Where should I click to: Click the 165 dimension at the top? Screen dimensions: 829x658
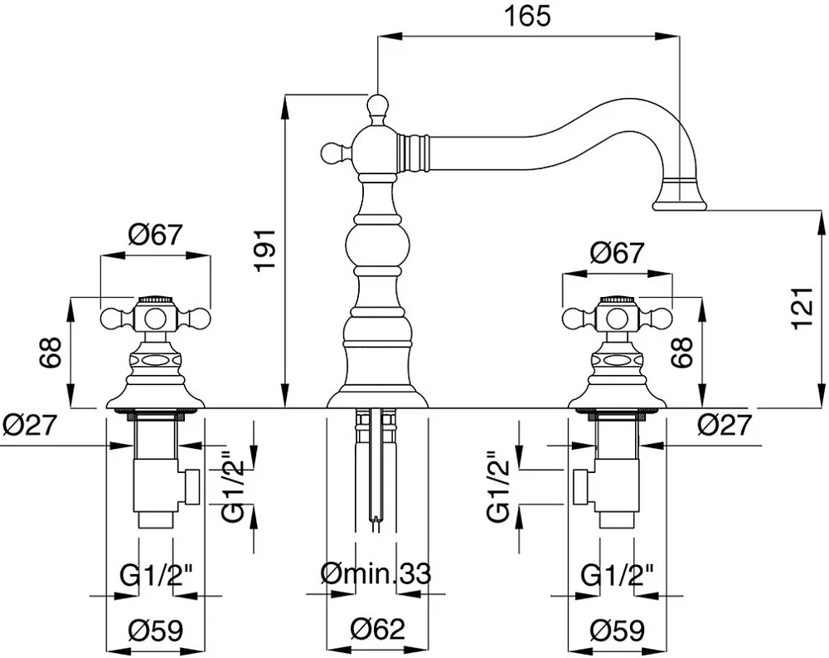(527, 16)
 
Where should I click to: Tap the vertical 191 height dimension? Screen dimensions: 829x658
(265, 251)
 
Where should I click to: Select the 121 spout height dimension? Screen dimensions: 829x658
(802, 308)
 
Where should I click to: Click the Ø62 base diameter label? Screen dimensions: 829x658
(377, 629)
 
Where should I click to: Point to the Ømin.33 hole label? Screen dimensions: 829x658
(376, 573)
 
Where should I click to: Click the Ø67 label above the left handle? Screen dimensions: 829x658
(155, 235)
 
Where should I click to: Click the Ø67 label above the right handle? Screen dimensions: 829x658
(617, 254)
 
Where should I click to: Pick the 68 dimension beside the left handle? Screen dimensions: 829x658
(51, 352)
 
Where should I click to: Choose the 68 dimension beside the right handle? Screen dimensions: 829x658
(681, 352)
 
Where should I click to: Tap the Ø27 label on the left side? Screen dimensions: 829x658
(29, 424)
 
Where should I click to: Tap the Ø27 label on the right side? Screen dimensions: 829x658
(725, 424)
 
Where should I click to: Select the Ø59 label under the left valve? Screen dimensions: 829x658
(156, 630)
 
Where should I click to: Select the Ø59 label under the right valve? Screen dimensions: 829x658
(618, 630)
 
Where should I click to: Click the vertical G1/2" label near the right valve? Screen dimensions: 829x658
(498, 486)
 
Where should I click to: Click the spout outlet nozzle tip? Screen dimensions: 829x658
(680, 204)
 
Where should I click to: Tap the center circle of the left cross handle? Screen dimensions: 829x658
(154, 319)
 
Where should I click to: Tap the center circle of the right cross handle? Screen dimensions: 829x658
(617, 319)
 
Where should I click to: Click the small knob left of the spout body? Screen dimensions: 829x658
(332, 153)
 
